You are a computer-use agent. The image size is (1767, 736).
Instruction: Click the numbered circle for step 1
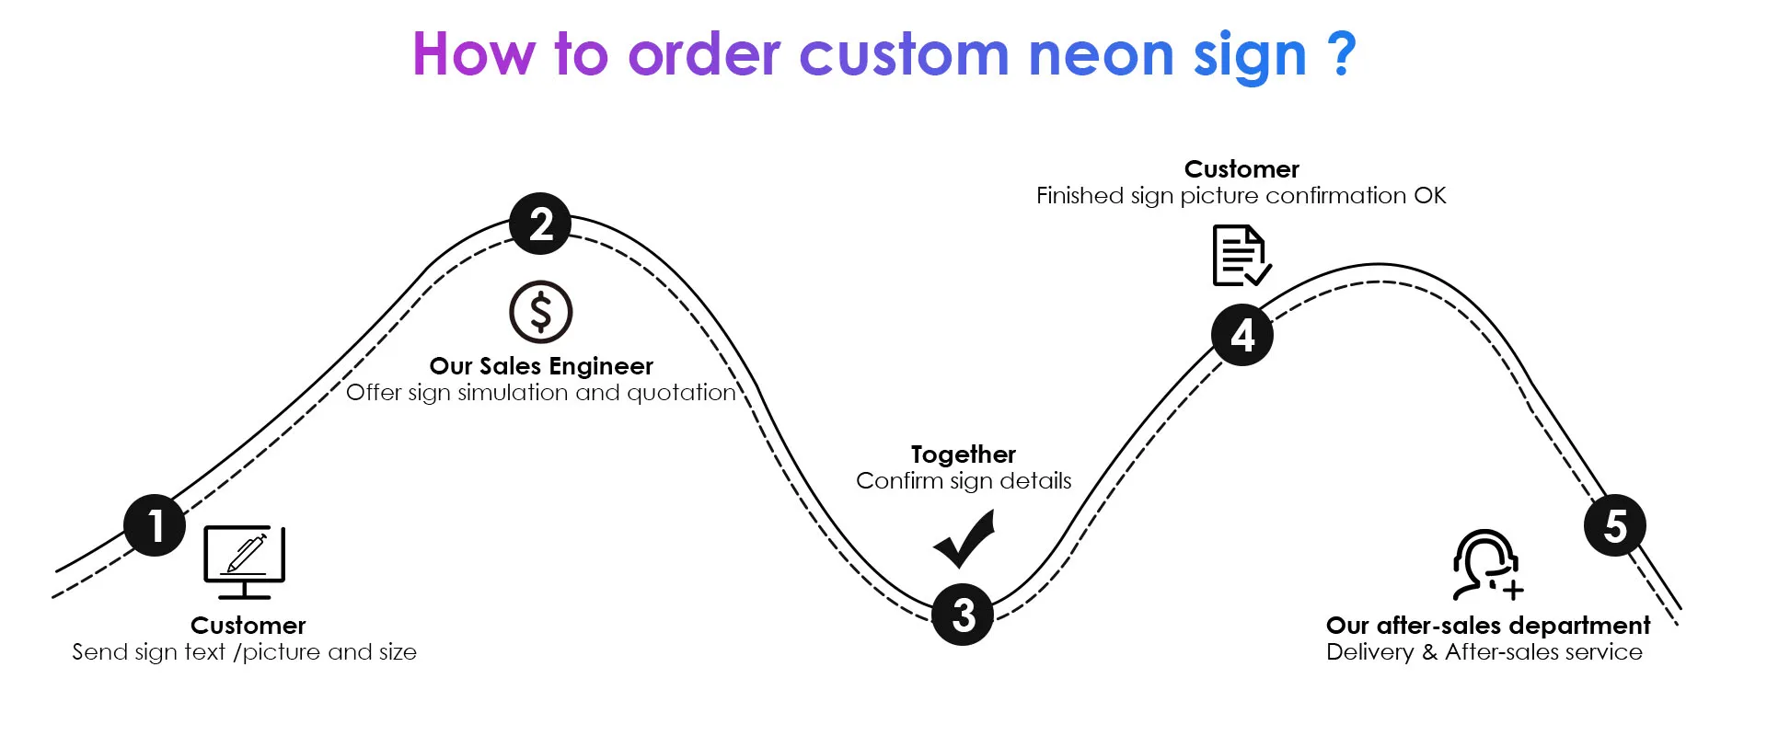pyautogui.click(x=155, y=525)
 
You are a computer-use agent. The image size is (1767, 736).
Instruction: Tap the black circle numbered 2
pyautogui.click(x=540, y=224)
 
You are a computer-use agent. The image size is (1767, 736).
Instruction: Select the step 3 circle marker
pyautogui.click(x=963, y=615)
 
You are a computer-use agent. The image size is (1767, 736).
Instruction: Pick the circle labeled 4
pyautogui.click(x=1242, y=335)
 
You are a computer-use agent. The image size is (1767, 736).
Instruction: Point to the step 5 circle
pyautogui.click(x=1615, y=525)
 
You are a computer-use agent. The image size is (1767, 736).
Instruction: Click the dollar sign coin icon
pyautogui.click(x=541, y=312)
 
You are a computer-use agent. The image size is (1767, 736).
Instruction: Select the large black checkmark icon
pyautogui.click(x=964, y=540)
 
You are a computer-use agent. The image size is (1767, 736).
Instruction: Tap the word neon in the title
pyautogui.click(x=1102, y=54)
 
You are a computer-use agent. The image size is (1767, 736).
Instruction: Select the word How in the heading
pyautogui.click(x=473, y=54)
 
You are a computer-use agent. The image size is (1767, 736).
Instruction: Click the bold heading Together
pyautogui.click(x=964, y=454)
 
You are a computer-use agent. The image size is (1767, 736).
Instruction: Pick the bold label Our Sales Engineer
pyautogui.click(x=541, y=366)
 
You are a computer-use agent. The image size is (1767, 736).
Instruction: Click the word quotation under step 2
pyautogui.click(x=681, y=393)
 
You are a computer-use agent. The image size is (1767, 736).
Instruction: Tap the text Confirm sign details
pyautogui.click(x=964, y=481)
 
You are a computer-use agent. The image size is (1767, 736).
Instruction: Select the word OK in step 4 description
pyautogui.click(x=1430, y=196)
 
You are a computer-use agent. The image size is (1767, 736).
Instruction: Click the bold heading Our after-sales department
pyautogui.click(x=1487, y=626)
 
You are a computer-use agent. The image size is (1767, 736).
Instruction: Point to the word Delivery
pyautogui.click(x=1369, y=652)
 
